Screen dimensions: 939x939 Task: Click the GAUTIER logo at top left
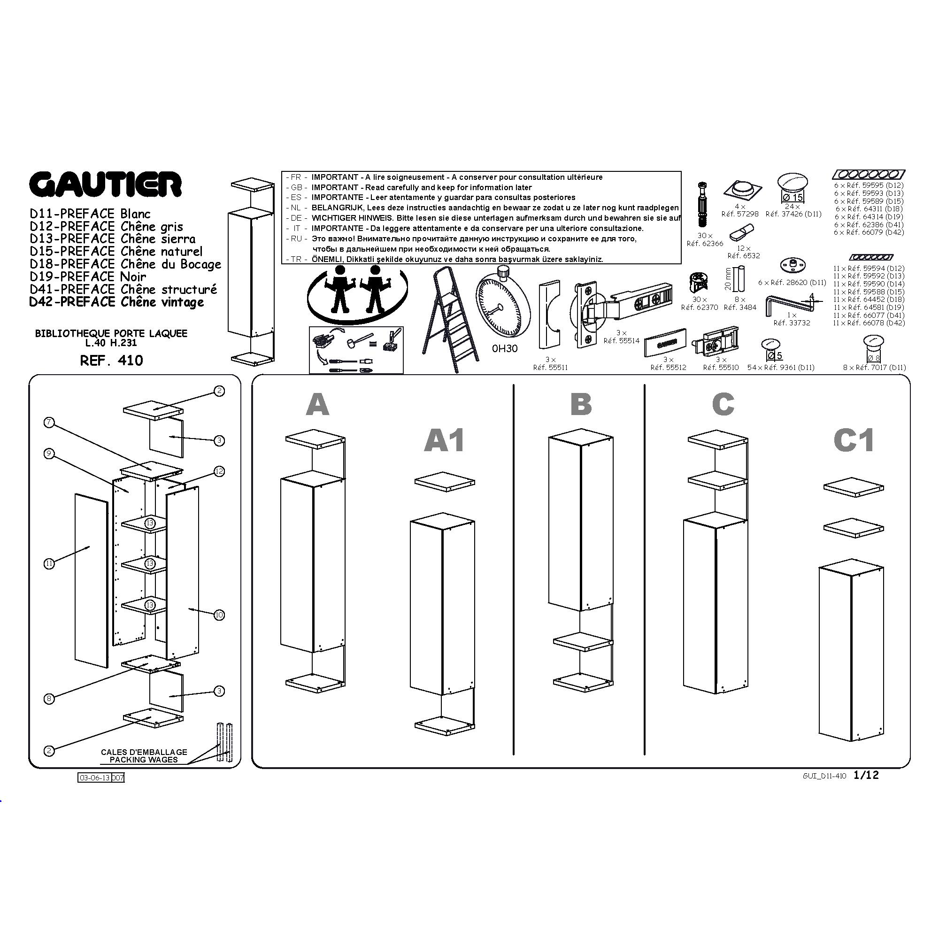click(x=106, y=185)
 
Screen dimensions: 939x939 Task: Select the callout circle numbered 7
click(x=49, y=423)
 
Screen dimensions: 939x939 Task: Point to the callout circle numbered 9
click(x=49, y=454)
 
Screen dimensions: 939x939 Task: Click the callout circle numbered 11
click(x=49, y=564)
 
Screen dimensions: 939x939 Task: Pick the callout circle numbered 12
click(x=219, y=471)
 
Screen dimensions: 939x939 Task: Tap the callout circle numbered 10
click(x=219, y=615)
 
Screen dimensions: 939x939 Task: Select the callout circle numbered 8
click(x=49, y=699)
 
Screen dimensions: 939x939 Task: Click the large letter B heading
click(x=581, y=404)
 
